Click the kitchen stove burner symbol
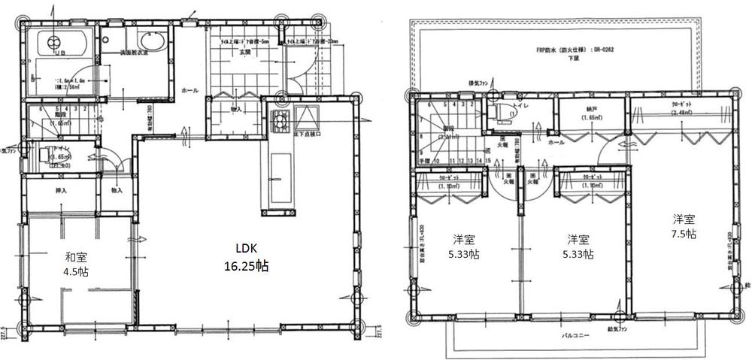pyautogui.click(x=281, y=119)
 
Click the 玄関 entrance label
pyautogui.click(x=245, y=53)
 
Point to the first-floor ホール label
pyautogui.click(x=190, y=91)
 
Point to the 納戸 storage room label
pyautogui.click(x=590, y=110)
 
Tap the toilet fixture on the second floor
pyautogui.click(x=497, y=110)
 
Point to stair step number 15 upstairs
pyautogui.click(x=478, y=160)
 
